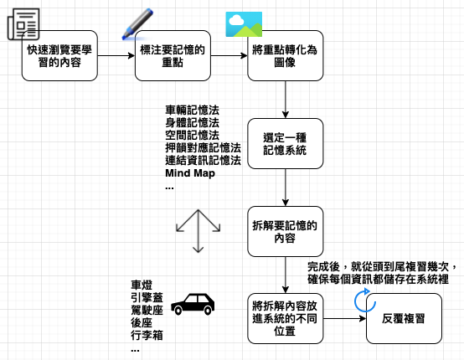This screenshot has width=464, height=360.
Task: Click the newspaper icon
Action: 23,23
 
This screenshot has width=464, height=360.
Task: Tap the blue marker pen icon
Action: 137,24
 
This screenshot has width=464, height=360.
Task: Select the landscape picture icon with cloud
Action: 244,24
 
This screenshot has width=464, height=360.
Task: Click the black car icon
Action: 193,305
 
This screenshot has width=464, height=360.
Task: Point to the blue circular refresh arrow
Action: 365,301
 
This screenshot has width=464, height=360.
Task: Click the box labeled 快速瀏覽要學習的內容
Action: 59,55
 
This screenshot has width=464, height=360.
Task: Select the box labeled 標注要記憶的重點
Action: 173,55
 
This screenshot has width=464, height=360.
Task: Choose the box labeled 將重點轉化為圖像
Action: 286,55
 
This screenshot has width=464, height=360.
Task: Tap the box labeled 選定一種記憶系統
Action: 286,144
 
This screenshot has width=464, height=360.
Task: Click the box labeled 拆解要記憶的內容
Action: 286,232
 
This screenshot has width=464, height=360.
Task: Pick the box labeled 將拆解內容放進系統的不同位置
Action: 286,319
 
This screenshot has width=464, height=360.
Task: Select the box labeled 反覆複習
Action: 404,319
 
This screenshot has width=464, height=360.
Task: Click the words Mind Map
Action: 190,173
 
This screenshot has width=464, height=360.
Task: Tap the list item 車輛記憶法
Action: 193,111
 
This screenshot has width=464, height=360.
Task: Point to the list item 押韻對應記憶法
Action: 203,148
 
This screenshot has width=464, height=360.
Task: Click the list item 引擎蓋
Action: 147,297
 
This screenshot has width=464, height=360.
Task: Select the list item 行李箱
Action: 147,336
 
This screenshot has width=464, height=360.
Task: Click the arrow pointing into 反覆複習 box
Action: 345,319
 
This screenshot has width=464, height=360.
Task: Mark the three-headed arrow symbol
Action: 198,231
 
